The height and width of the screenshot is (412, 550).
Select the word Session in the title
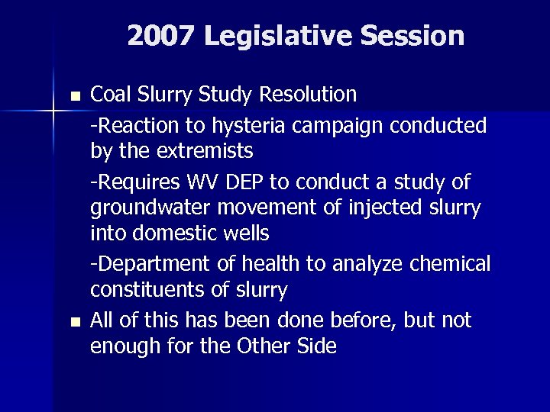point(414,36)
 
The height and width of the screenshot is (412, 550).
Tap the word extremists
point(205,151)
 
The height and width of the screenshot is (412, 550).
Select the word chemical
point(451,264)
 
